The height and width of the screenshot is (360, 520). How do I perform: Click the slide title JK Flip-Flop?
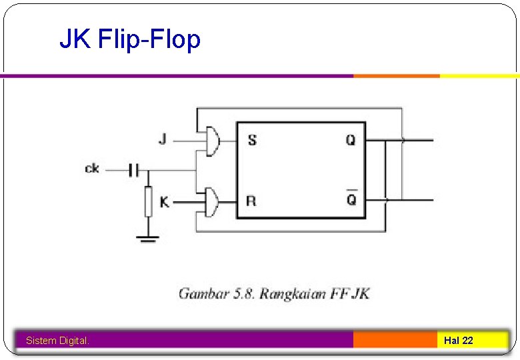click(x=130, y=40)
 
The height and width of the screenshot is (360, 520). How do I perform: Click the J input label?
click(x=163, y=139)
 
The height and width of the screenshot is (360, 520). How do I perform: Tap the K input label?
click(x=164, y=200)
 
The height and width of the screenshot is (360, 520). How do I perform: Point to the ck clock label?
click(x=92, y=169)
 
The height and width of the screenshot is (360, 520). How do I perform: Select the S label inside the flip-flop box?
click(x=252, y=140)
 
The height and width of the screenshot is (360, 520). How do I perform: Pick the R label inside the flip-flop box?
click(x=251, y=201)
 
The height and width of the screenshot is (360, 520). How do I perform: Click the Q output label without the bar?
click(x=351, y=140)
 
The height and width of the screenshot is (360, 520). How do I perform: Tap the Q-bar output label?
click(x=351, y=199)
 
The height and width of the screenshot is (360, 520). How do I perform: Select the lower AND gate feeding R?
click(x=213, y=200)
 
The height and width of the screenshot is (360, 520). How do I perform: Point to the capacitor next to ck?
click(x=133, y=171)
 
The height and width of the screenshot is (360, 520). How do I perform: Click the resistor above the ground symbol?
click(x=148, y=202)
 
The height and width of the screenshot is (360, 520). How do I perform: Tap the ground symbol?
click(x=148, y=238)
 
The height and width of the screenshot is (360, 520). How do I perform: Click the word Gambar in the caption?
click(x=203, y=294)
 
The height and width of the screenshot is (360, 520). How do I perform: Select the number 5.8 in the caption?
click(x=243, y=293)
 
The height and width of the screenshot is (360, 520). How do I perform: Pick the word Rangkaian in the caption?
click(x=292, y=294)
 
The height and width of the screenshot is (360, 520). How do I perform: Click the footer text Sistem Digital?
click(x=57, y=341)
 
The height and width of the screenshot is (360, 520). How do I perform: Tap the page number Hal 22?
click(x=459, y=341)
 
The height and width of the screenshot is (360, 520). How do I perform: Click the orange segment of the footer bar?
click(x=395, y=340)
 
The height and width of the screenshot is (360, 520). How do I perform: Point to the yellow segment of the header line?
click(x=479, y=76)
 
